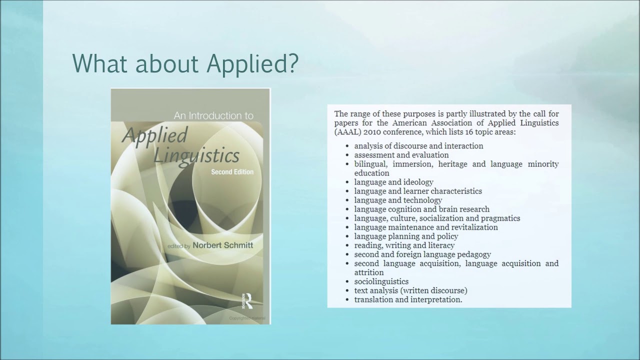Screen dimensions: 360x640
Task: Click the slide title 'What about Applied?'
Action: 185,64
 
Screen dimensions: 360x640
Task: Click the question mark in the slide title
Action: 291,64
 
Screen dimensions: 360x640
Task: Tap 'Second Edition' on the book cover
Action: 232,172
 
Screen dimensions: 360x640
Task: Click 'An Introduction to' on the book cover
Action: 213,116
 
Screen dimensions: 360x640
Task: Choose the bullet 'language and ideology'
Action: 393,182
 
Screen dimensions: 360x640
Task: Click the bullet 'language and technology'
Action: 398,200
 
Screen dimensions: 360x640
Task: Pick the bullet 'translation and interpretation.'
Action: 408,299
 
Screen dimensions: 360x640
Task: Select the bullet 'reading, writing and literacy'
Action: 404,245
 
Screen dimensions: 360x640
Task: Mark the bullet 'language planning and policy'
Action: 406,236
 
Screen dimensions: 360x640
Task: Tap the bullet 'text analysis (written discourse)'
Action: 410,290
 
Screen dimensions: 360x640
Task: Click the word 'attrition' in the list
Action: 369,272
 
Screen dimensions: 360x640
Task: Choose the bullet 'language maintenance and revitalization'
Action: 426,227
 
